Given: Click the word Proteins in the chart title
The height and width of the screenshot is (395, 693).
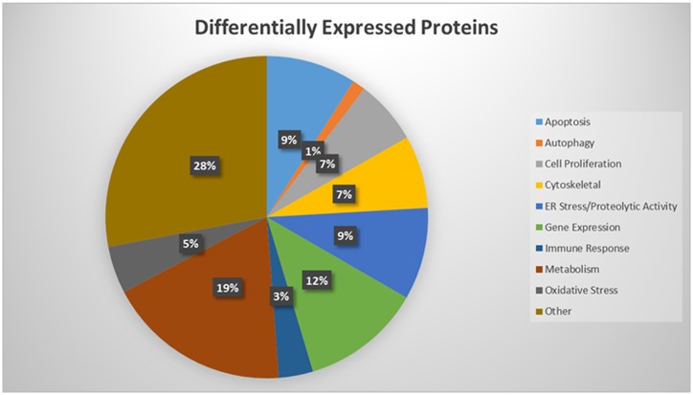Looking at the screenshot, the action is (459, 28).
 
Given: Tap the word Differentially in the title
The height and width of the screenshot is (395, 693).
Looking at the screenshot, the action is (256, 29).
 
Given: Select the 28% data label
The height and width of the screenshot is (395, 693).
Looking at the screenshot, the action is (205, 165).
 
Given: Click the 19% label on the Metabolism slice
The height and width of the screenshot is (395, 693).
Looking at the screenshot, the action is (228, 288).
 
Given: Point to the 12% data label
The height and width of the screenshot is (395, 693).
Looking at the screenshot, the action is (318, 280).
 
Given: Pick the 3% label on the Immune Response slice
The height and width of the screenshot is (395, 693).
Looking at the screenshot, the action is (281, 296).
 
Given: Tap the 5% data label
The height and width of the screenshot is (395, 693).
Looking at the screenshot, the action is (190, 244).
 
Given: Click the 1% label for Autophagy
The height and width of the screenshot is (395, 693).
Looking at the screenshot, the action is (313, 151).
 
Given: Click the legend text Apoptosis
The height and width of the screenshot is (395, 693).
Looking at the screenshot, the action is (567, 122).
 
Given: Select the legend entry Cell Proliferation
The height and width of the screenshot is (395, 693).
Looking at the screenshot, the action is (583, 164).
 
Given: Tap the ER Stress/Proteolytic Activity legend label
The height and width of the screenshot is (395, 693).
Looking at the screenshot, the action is (611, 207).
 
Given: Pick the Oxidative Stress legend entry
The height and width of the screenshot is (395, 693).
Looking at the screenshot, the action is (581, 291).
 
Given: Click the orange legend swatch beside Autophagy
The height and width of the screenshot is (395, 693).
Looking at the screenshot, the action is (539, 143).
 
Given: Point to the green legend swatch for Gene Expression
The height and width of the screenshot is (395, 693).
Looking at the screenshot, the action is (539, 228).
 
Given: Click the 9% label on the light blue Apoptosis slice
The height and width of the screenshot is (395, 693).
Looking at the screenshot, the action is (289, 140).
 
